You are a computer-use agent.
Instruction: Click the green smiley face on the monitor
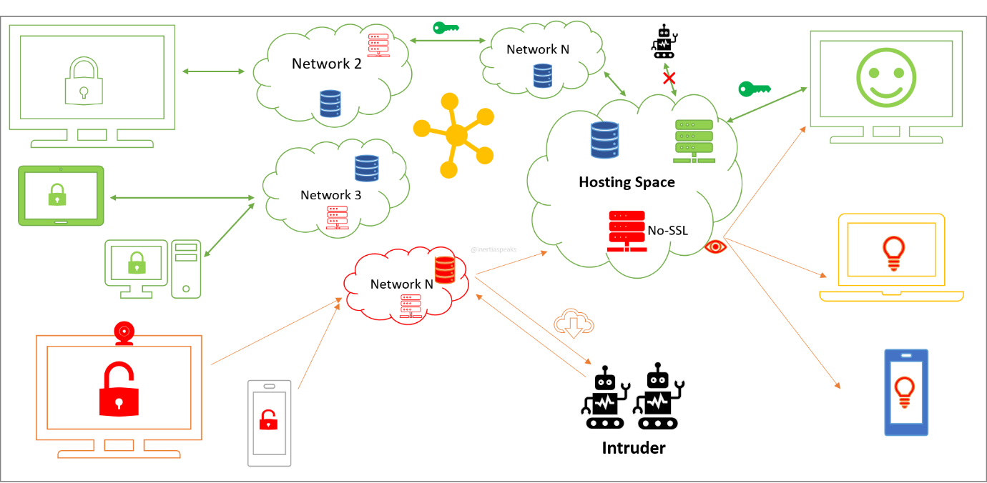coord(885,75)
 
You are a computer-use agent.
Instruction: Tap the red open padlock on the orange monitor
coord(119,389)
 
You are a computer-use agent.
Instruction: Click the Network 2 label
coord(326,64)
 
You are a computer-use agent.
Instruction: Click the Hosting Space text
coord(627,182)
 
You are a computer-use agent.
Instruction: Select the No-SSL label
coord(668,230)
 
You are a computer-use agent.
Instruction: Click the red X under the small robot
coord(669,78)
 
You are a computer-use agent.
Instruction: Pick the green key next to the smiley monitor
coord(755,89)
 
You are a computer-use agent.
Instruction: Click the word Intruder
coord(633,449)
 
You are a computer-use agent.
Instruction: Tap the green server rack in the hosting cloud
coord(694,141)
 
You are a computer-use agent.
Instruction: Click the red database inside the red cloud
coord(445,270)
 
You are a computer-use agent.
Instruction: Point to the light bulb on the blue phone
coord(905,392)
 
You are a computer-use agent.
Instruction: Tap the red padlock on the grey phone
coord(268,419)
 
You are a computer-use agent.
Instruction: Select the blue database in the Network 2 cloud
coord(330,104)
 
